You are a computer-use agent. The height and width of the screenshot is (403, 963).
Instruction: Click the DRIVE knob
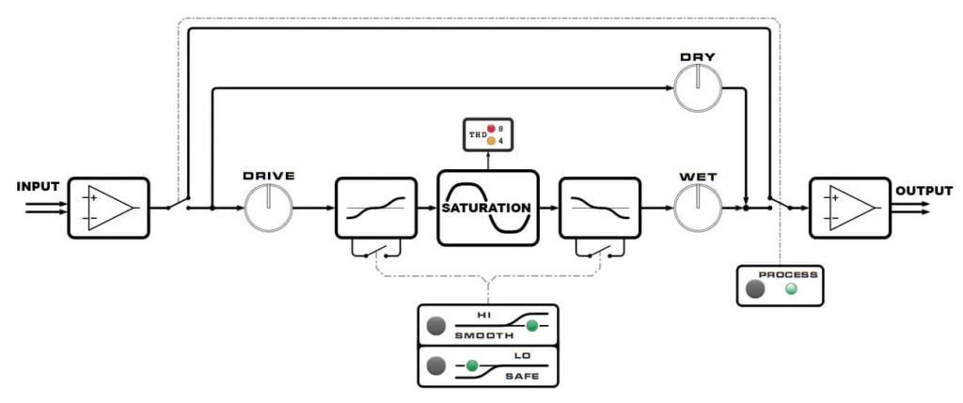click(269, 208)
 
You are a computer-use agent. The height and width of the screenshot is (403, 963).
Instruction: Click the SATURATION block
click(487, 208)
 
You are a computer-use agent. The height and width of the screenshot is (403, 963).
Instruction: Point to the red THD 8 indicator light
click(491, 129)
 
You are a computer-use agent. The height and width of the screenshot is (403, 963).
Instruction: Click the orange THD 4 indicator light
click(491, 142)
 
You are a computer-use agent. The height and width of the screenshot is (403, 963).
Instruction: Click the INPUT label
click(38, 187)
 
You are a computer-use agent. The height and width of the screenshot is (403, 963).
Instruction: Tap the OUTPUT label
click(924, 190)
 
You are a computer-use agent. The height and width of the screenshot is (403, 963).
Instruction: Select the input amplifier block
click(108, 208)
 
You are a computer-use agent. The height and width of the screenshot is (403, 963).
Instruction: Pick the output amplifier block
click(849, 208)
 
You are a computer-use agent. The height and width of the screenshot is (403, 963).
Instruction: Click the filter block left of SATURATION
click(375, 208)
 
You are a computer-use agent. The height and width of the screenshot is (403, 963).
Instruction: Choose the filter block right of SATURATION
click(599, 208)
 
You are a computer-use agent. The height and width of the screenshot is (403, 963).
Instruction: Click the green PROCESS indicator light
click(791, 288)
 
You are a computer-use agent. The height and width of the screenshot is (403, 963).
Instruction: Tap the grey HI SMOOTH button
click(434, 326)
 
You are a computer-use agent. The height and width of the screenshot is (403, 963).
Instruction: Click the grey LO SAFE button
click(434, 364)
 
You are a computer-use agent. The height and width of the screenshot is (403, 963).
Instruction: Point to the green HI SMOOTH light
click(532, 326)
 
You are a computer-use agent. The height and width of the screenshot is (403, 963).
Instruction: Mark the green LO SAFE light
click(472, 364)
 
